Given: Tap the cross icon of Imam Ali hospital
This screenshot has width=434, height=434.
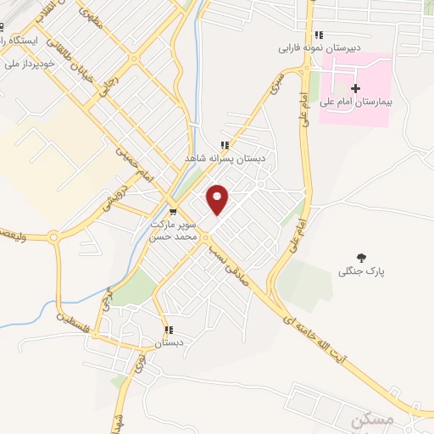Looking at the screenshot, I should point(355,88).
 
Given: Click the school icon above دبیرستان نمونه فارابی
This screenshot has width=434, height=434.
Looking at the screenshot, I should point(319,35).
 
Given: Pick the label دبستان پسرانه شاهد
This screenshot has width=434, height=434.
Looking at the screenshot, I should point(226,158).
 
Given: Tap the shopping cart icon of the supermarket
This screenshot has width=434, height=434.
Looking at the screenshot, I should point(174,212).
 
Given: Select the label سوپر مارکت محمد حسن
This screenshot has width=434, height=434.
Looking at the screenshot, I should point(173,230).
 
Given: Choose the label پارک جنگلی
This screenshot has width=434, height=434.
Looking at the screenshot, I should point(362,271).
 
